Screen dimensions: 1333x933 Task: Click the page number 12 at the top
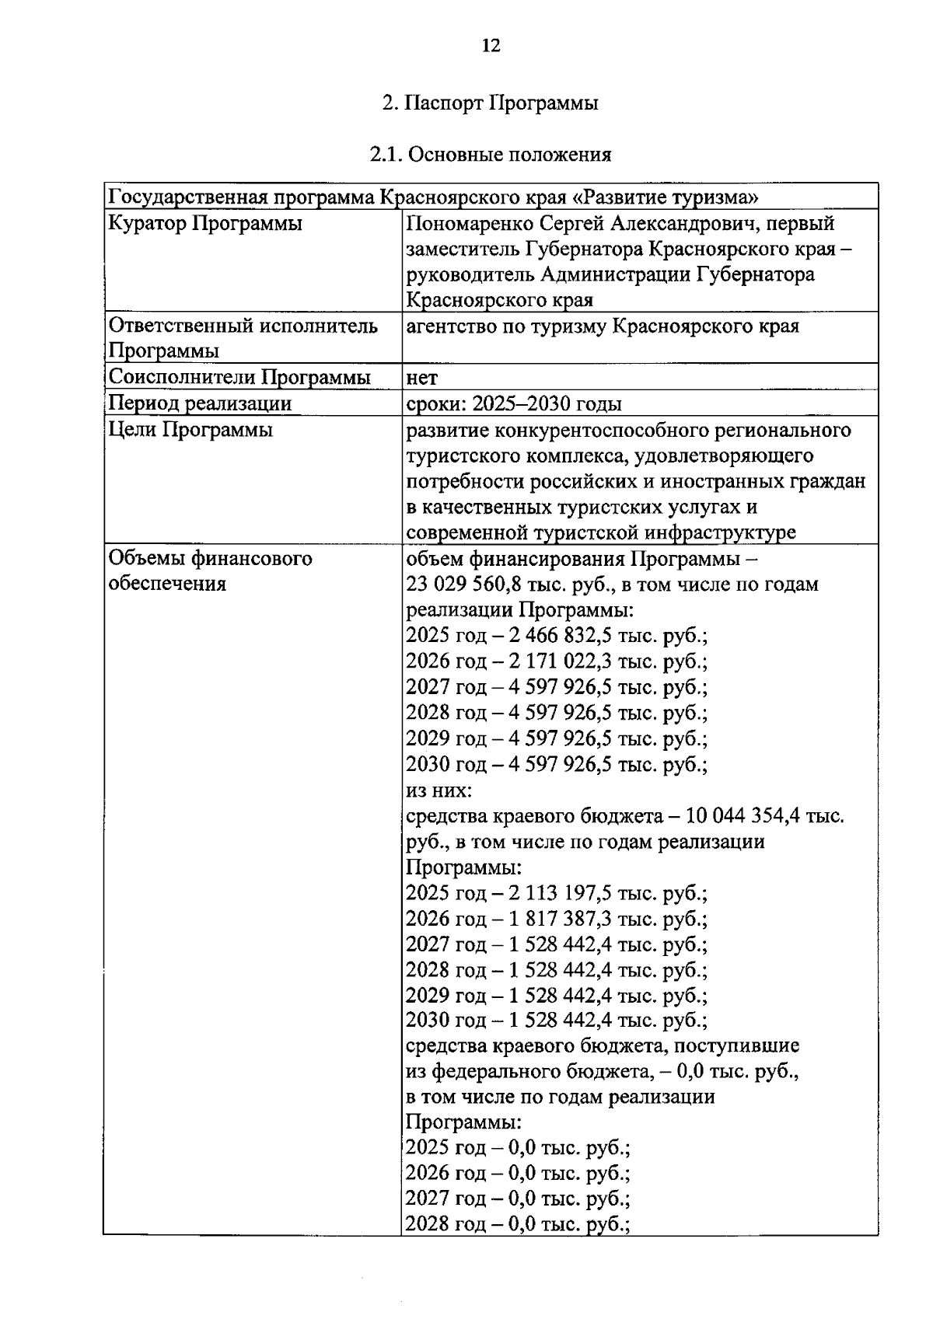click(x=491, y=45)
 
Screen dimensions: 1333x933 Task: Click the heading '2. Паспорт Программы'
click(x=490, y=103)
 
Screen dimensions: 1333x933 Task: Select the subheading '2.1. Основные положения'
click(x=490, y=154)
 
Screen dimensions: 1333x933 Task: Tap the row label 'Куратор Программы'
click(x=206, y=224)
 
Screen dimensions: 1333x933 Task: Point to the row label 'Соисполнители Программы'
click(x=239, y=378)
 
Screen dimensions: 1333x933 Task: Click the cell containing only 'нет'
click(x=422, y=379)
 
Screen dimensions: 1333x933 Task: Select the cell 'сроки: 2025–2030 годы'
click(x=514, y=404)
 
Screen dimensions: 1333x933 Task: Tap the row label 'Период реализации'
click(x=200, y=403)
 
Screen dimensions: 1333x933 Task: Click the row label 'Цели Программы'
click(x=190, y=430)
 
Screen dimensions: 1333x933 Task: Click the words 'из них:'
click(x=438, y=790)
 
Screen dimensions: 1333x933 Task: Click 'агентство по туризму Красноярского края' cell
click(x=603, y=326)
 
